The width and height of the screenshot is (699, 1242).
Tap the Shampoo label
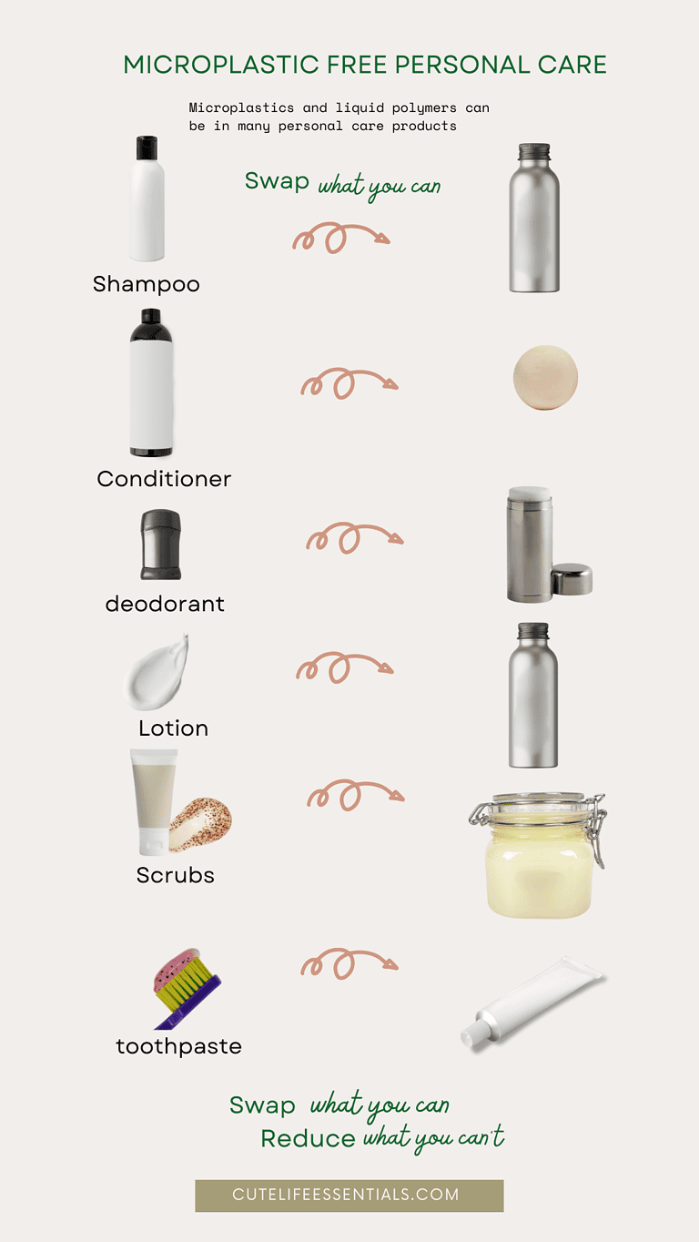click(146, 284)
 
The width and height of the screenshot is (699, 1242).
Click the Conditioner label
click(164, 479)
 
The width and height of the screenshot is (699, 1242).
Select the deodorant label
click(165, 604)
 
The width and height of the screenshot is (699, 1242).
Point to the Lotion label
click(173, 728)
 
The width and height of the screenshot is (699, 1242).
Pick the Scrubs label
click(175, 875)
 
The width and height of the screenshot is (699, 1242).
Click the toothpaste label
click(178, 1046)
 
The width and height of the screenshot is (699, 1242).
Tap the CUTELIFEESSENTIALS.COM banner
click(349, 1195)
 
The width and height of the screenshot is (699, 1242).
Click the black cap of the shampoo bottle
click(147, 148)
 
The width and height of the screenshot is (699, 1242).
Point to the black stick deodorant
click(160, 545)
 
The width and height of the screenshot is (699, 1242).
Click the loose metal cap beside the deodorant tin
click(572, 579)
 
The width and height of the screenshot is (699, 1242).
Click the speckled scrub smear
click(200, 824)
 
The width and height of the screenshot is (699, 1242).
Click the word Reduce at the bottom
click(308, 1139)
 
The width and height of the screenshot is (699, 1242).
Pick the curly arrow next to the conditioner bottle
click(349, 382)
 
